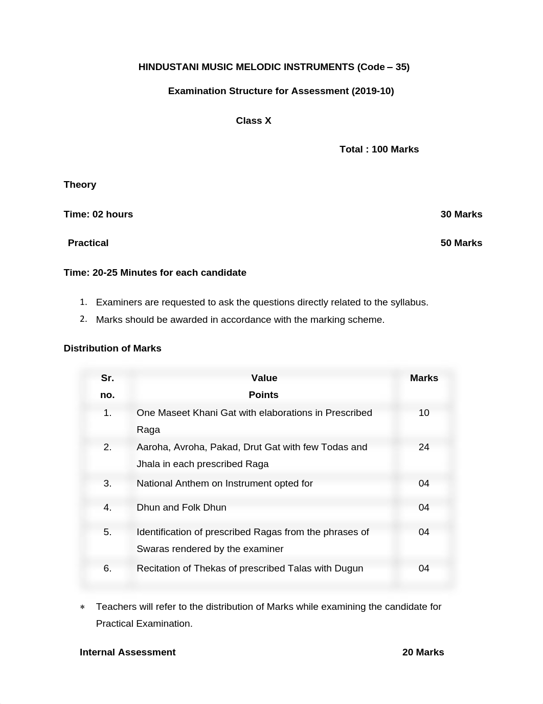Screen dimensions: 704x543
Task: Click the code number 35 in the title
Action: [401, 67]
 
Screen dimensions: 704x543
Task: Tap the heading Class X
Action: [254, 121]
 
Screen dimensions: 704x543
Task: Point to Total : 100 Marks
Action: [379, 149]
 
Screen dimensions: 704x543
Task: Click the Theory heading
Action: [80, 185]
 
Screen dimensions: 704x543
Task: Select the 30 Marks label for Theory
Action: [461, 214]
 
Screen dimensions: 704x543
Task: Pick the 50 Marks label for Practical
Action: [461, 243]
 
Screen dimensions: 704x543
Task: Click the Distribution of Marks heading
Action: [112, 348]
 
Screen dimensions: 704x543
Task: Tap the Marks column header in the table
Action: [424, 378]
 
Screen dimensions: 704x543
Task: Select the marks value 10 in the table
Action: [424, 413]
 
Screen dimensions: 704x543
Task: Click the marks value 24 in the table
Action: [424, 447]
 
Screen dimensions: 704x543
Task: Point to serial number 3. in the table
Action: [107, 483]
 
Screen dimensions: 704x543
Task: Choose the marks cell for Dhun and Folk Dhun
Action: [424, 508]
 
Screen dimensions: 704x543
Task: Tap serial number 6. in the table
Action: [107, 568]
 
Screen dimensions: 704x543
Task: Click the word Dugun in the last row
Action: [349, 568]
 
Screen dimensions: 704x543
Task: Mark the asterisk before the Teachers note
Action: [82, 607]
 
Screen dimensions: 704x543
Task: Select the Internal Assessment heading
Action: [127, 652]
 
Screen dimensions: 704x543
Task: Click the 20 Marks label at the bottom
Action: [423, 652]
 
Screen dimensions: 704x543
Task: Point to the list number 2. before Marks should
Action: [83, 319]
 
